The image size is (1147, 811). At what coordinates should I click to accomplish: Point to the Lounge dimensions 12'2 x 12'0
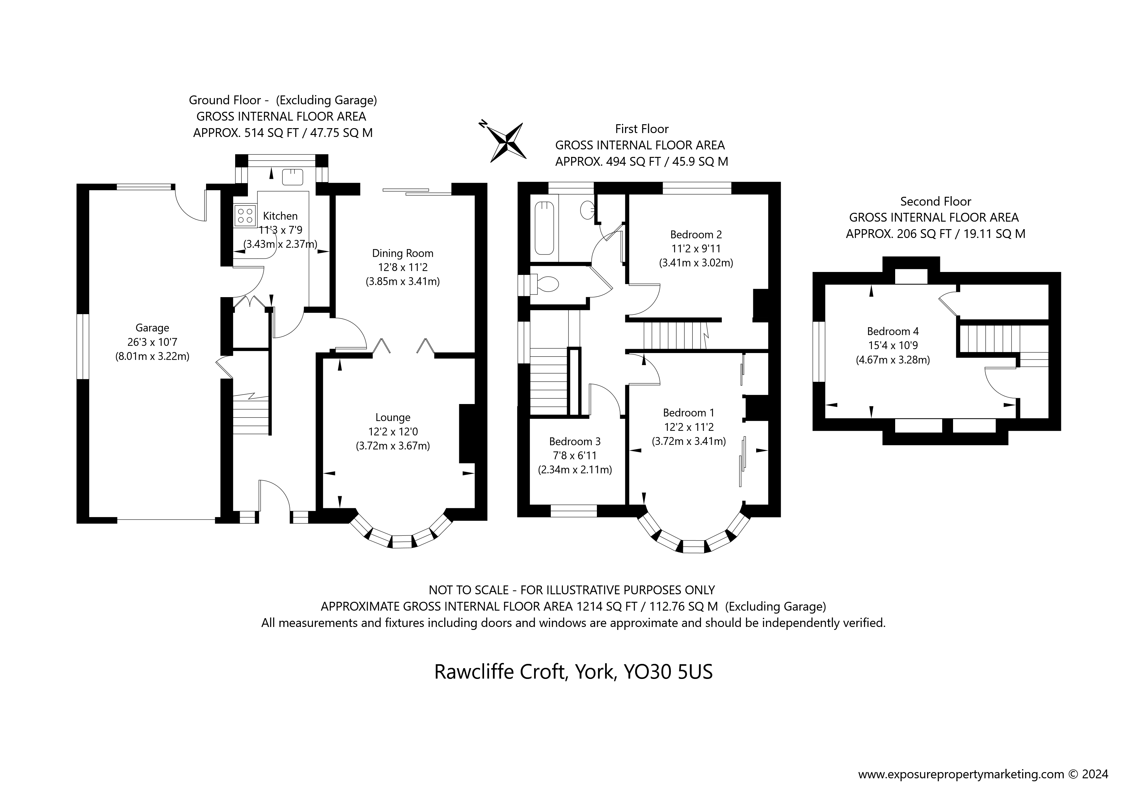tap(393, 431)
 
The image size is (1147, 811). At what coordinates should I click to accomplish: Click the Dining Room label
tap(402, 253)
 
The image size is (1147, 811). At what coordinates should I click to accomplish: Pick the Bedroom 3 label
tap(575, 441)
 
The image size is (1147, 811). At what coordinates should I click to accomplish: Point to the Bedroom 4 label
tap(893, 331)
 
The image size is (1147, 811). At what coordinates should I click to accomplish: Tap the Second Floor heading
tap(935, 201)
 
